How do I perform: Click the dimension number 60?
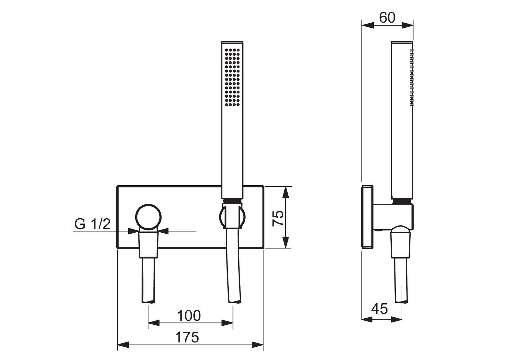[x=387, y=18]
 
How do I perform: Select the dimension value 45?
[x=379, y=309]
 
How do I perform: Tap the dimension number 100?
[x=189, y=316]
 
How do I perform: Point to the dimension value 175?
[x=187, y=337]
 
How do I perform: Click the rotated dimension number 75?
[x=278, y=218]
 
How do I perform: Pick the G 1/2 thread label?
[x=93, y=224]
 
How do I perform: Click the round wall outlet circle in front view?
[x=148, y=217]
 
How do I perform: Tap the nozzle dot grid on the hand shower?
[x=232, y=77]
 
